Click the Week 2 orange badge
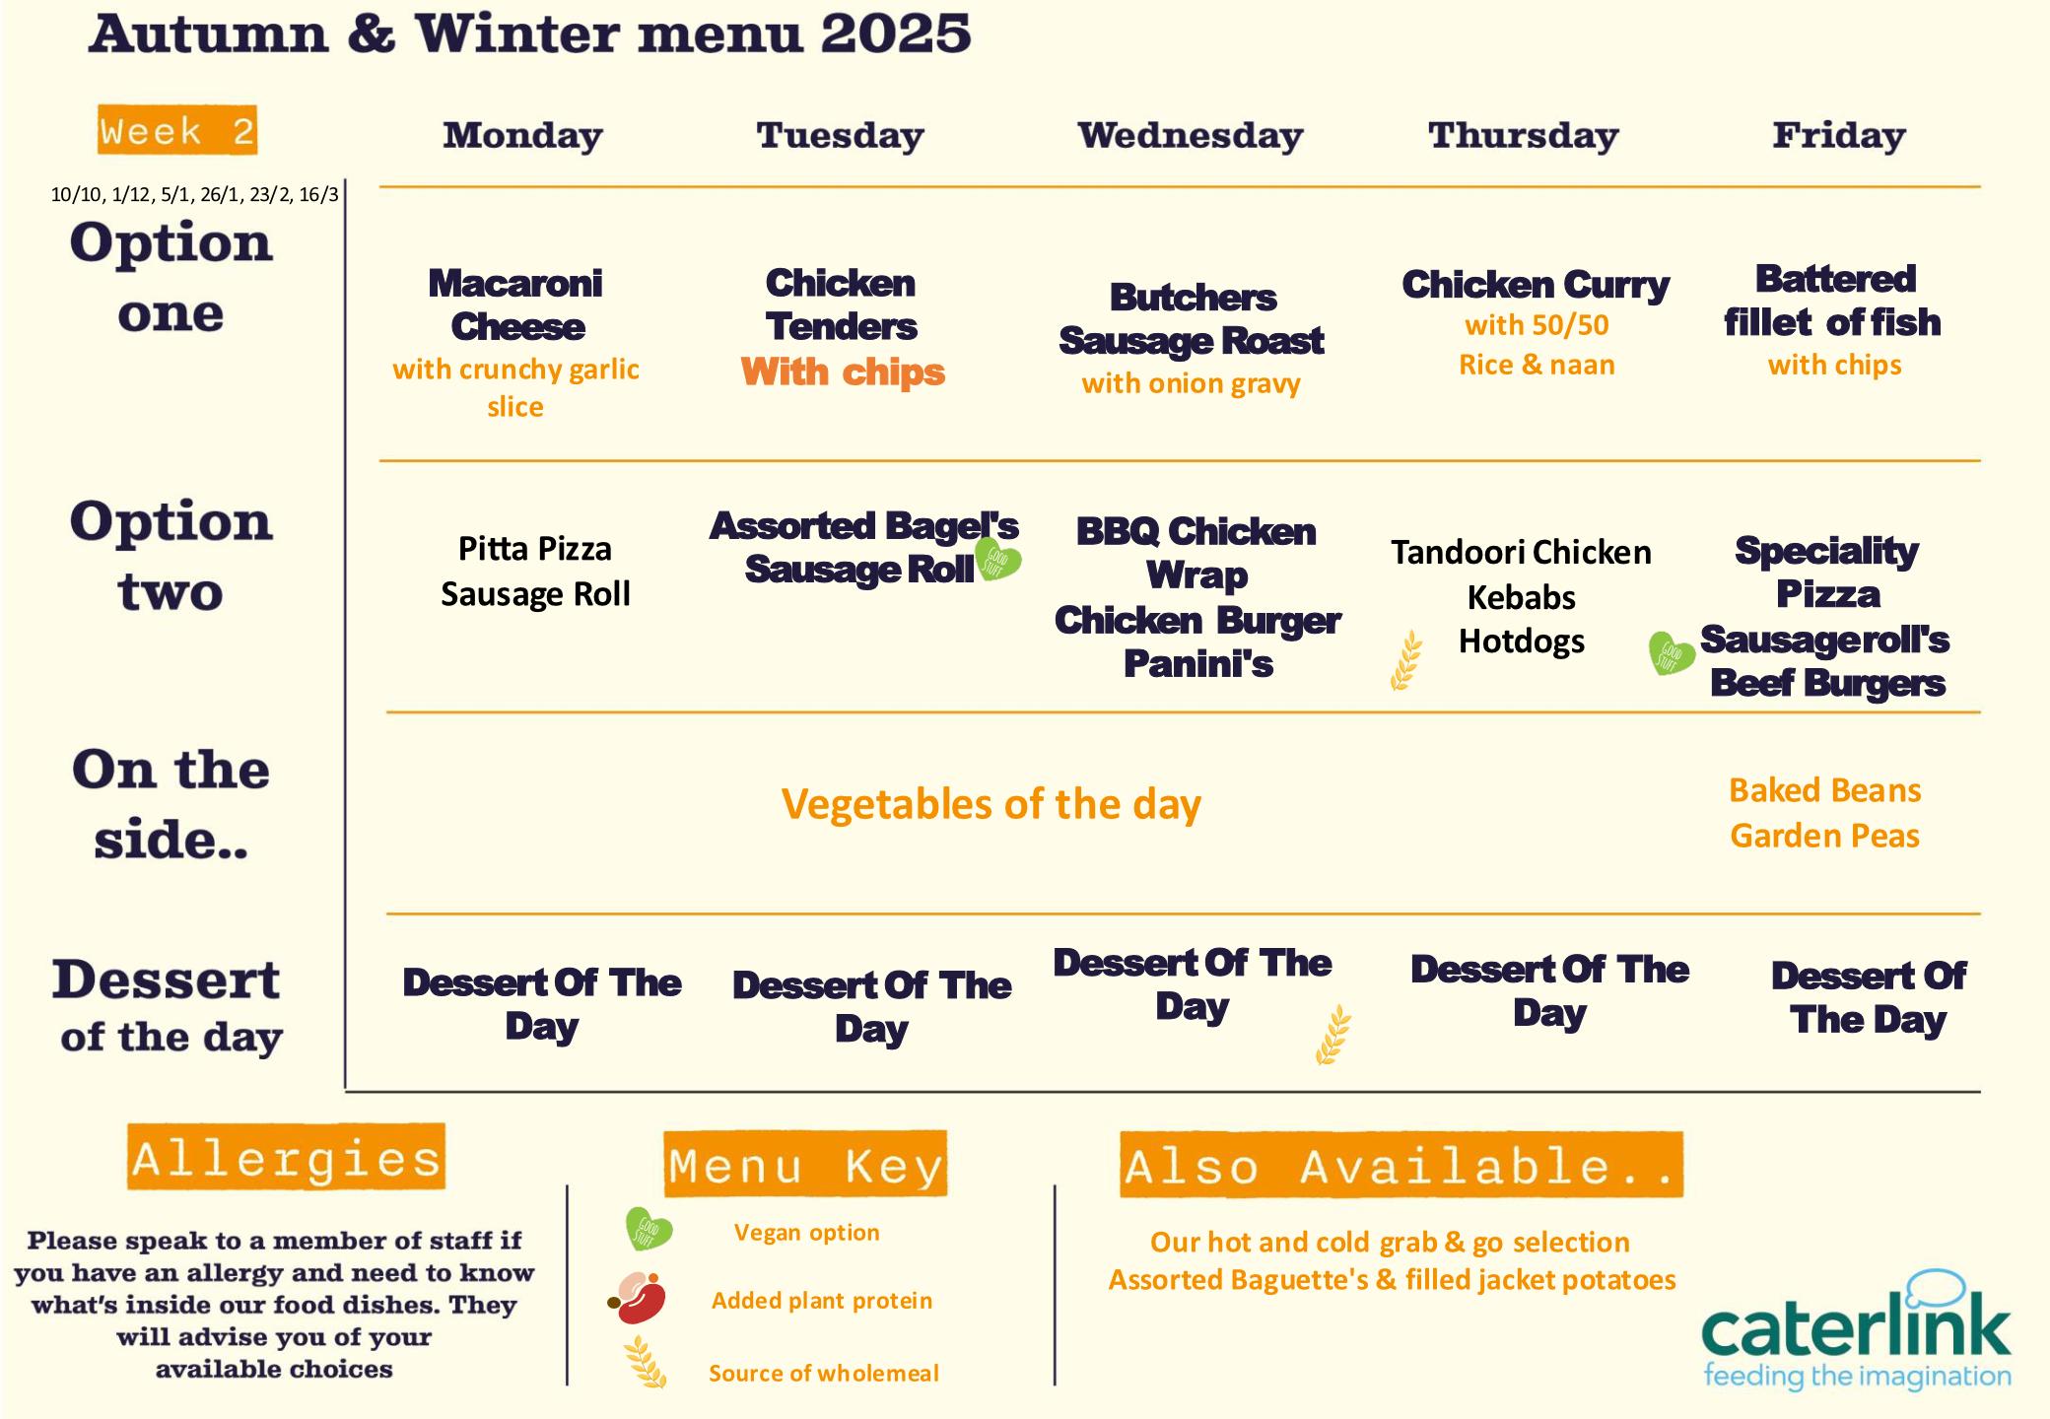click(177, 130)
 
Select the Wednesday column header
click(1191, 135)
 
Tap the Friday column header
click(1839, 135)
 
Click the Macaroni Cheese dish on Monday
click(516, 304)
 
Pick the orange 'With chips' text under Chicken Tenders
click(843, 372)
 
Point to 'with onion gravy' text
click(1191, 383)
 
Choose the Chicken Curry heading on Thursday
click(1536, 285)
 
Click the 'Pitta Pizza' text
click(535, 549)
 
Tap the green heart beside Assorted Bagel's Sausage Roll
click(997, 559)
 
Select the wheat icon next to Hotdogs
click(1406, 659)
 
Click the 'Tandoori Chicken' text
click(1521, 552)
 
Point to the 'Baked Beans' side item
click(1825, 790)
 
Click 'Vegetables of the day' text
click(991, 804)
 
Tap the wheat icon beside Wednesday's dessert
click(1333, 1035)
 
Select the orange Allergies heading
click(286, 1157)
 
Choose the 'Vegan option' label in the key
click(806, 1232)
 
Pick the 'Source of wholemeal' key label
click(823, 1373)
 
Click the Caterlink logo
click(1857, 1330)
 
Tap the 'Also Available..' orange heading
click(1401, 1165)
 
